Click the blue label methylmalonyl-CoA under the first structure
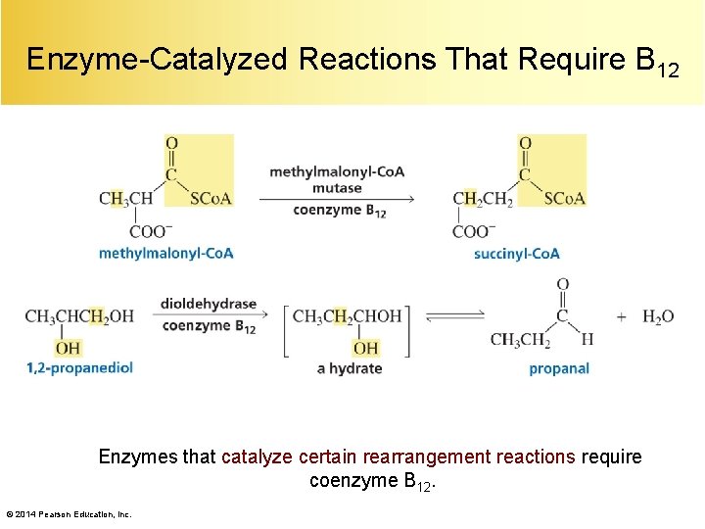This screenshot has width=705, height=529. coord(165,254)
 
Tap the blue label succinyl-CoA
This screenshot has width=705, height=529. coord(516,254)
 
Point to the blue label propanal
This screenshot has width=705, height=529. coord(559,369)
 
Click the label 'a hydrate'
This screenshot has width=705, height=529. coord(350,368)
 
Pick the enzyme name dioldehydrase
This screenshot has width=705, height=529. coord(209,304)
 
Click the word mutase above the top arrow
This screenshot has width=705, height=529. coord(338,187)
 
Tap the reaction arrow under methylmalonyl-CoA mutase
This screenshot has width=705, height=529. coord(336,199)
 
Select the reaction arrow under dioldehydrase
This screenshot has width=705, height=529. coord(209,315)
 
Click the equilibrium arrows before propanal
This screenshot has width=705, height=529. coord(454,314)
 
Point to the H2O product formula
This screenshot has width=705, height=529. coord(658,316)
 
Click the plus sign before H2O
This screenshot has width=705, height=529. coord(622,316)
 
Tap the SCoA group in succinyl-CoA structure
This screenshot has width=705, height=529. coord(564,199)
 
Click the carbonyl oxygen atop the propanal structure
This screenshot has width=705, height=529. coord(562,285)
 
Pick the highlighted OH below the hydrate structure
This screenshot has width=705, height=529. coord(365,348)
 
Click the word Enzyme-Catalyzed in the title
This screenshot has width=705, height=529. coord(157,61)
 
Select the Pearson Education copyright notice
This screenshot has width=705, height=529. coord(69,513)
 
